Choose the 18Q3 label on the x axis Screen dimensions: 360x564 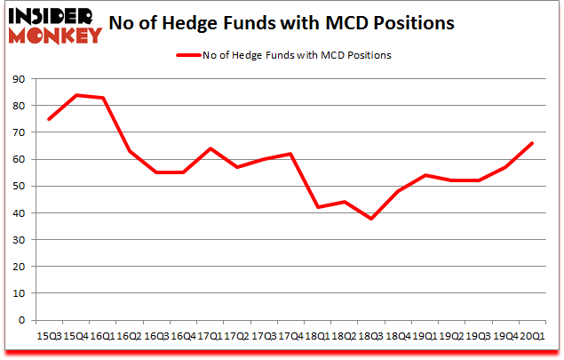pos(371,335)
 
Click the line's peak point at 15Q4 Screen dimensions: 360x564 pos(77,95)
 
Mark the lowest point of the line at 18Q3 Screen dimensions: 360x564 pos(370,219)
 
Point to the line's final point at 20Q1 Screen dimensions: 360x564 pos(531,143)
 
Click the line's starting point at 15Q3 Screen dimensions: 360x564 pos(51,119)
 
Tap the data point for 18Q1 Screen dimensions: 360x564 pos(317,207)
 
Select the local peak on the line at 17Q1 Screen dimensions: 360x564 pos(211,148)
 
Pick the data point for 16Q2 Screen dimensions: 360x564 pos(131,151)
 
